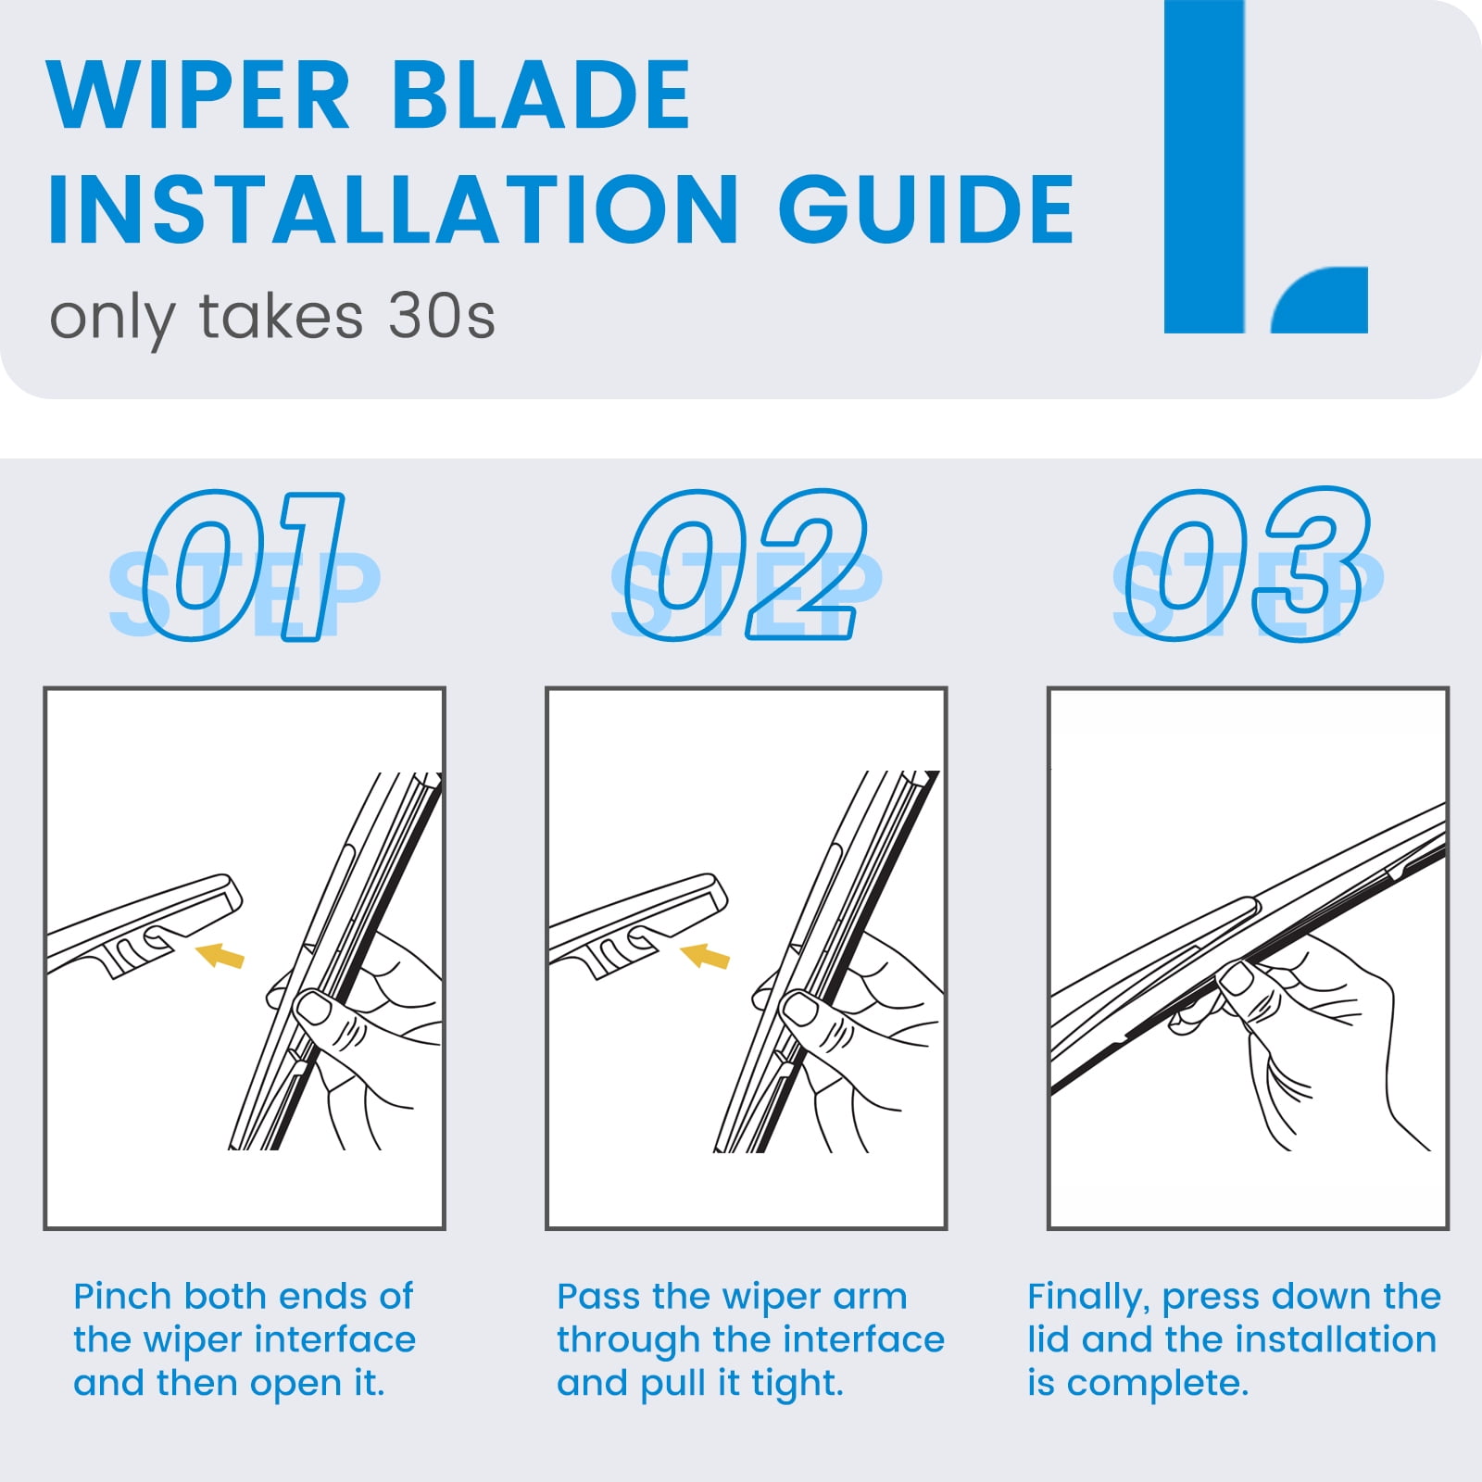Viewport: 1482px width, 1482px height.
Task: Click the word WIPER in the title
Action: click(198, 94)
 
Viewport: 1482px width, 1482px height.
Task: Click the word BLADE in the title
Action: click(542, 94)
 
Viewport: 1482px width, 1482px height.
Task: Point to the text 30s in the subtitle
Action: click(442, 317)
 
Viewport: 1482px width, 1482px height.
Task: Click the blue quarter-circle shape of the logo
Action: click(1321, 300)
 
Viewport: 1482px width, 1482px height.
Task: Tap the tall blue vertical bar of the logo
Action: click(1204, 167)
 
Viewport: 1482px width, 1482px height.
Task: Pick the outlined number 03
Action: click(1246, 565)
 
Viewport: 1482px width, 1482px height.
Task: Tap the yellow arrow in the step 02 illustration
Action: click(705, 955)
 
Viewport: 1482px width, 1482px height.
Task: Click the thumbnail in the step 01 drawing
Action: click(313, 1007)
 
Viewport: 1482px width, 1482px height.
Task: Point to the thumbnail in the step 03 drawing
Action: click(1235, 978)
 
